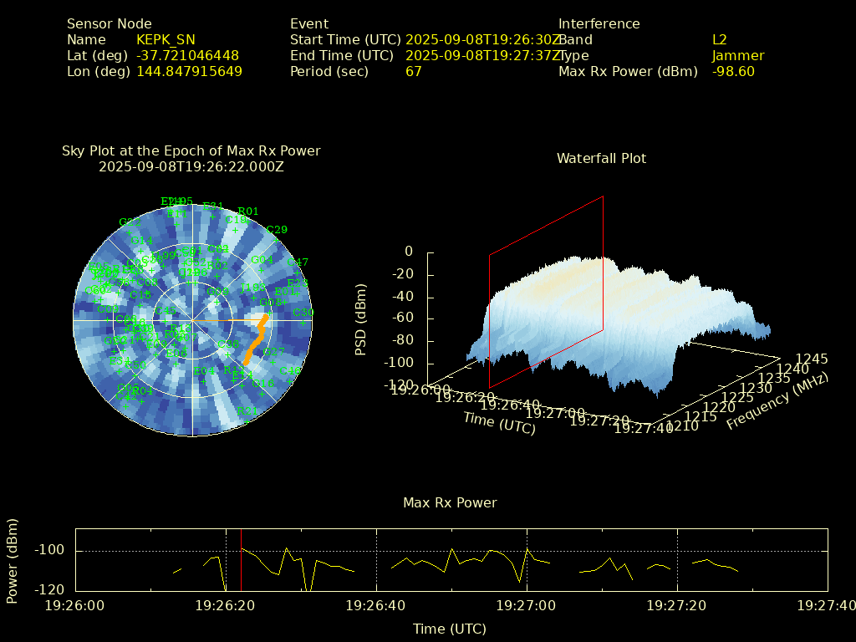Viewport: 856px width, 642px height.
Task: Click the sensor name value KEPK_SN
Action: pos(166,39)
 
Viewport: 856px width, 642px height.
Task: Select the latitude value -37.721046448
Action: pos(187,55)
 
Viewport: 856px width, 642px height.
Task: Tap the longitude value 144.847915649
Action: pos(189,71)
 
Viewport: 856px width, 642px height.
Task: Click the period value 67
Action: pos(413,71)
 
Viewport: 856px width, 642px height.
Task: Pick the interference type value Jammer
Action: pos(737,55)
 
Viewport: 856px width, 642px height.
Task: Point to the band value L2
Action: pos(719,39)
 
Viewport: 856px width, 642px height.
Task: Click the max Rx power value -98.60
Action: pos(733,71)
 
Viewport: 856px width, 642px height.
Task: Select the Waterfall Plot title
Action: pos(601,158)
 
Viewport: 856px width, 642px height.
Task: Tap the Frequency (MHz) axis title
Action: pos(777,401)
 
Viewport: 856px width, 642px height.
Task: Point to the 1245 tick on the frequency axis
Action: pos(811,359)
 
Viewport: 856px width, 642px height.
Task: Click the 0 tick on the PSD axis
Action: pos(409,251)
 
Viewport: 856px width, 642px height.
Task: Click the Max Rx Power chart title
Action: pos(450,502)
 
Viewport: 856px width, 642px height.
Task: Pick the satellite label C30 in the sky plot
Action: pos(303,313)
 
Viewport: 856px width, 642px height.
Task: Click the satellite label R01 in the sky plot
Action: pos(248,211)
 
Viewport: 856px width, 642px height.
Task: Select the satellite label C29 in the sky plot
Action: pos(277,230)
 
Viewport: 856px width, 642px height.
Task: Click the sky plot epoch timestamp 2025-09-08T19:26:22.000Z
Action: pos(191,166)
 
